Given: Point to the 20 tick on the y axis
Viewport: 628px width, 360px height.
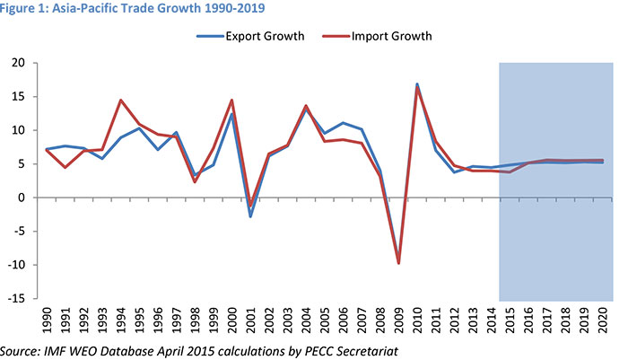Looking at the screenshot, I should [x=17, y=63].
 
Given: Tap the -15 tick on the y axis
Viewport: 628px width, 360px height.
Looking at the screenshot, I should [x=15, y=298].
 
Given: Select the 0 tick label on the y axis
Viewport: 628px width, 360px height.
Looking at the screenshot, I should [x=21, y=198].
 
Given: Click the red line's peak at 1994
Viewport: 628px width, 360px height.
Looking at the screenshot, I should [x=120, y=100].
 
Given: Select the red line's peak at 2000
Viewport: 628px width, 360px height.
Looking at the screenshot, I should [x=231, y=100].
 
